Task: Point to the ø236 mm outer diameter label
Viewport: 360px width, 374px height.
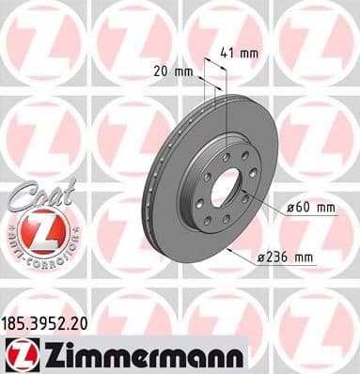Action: click(285, 256)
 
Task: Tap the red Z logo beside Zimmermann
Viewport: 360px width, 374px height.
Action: click(20, 355)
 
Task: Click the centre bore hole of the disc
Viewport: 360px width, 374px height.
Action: click(225, 190)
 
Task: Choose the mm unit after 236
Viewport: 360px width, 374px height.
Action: click(303, 256)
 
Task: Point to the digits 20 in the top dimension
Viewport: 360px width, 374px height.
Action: click(161, 70)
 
